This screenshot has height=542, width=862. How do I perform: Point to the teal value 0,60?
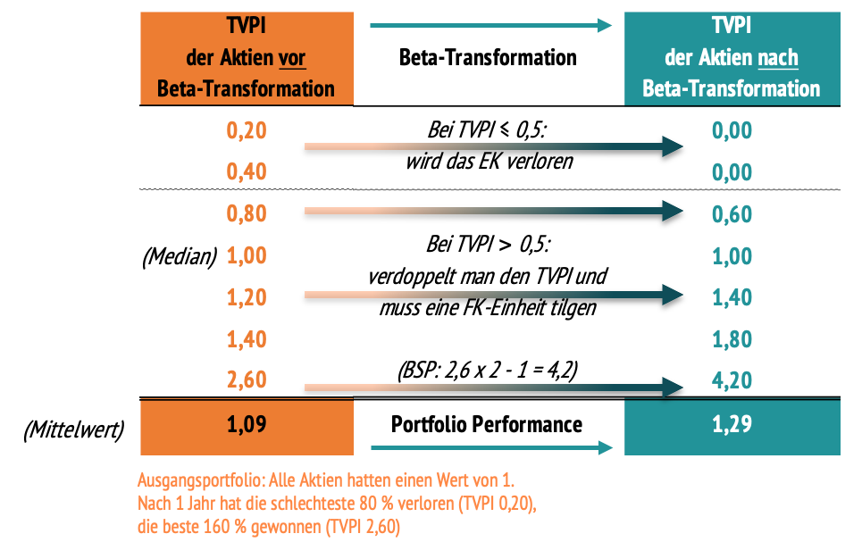[732, 214]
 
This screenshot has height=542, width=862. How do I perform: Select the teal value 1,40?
[732, 297]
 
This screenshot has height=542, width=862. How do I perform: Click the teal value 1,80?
[732, 339]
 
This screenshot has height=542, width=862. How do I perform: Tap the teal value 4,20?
[732, 380]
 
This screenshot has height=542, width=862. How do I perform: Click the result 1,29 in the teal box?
[732, 423]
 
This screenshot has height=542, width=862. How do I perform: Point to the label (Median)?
[180, 256]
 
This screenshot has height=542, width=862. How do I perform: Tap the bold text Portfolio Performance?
[487, 423]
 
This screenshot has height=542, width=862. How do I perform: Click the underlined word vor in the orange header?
[292, 58]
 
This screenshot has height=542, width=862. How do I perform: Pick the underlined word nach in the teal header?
[777, 58]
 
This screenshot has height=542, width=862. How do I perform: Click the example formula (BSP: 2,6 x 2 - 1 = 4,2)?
[488, 368]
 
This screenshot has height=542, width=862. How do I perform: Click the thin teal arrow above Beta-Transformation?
[490, 26]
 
